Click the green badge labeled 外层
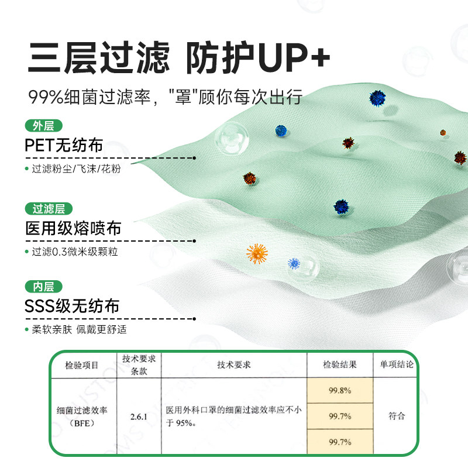click(43, 126)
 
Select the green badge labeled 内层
click(43, 287)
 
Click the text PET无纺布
click(67, 145)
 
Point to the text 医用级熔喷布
click(73, 228)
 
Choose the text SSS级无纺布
click(72, 306)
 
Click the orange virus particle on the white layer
click(257, 253)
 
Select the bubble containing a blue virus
click(294, 264)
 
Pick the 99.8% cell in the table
click(339, 391)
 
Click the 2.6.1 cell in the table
click(139, 417)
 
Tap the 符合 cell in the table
click(397, 417)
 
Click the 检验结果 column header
click(339, 364)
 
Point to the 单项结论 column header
click(397, 364)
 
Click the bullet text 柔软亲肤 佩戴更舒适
click(79, 329)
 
